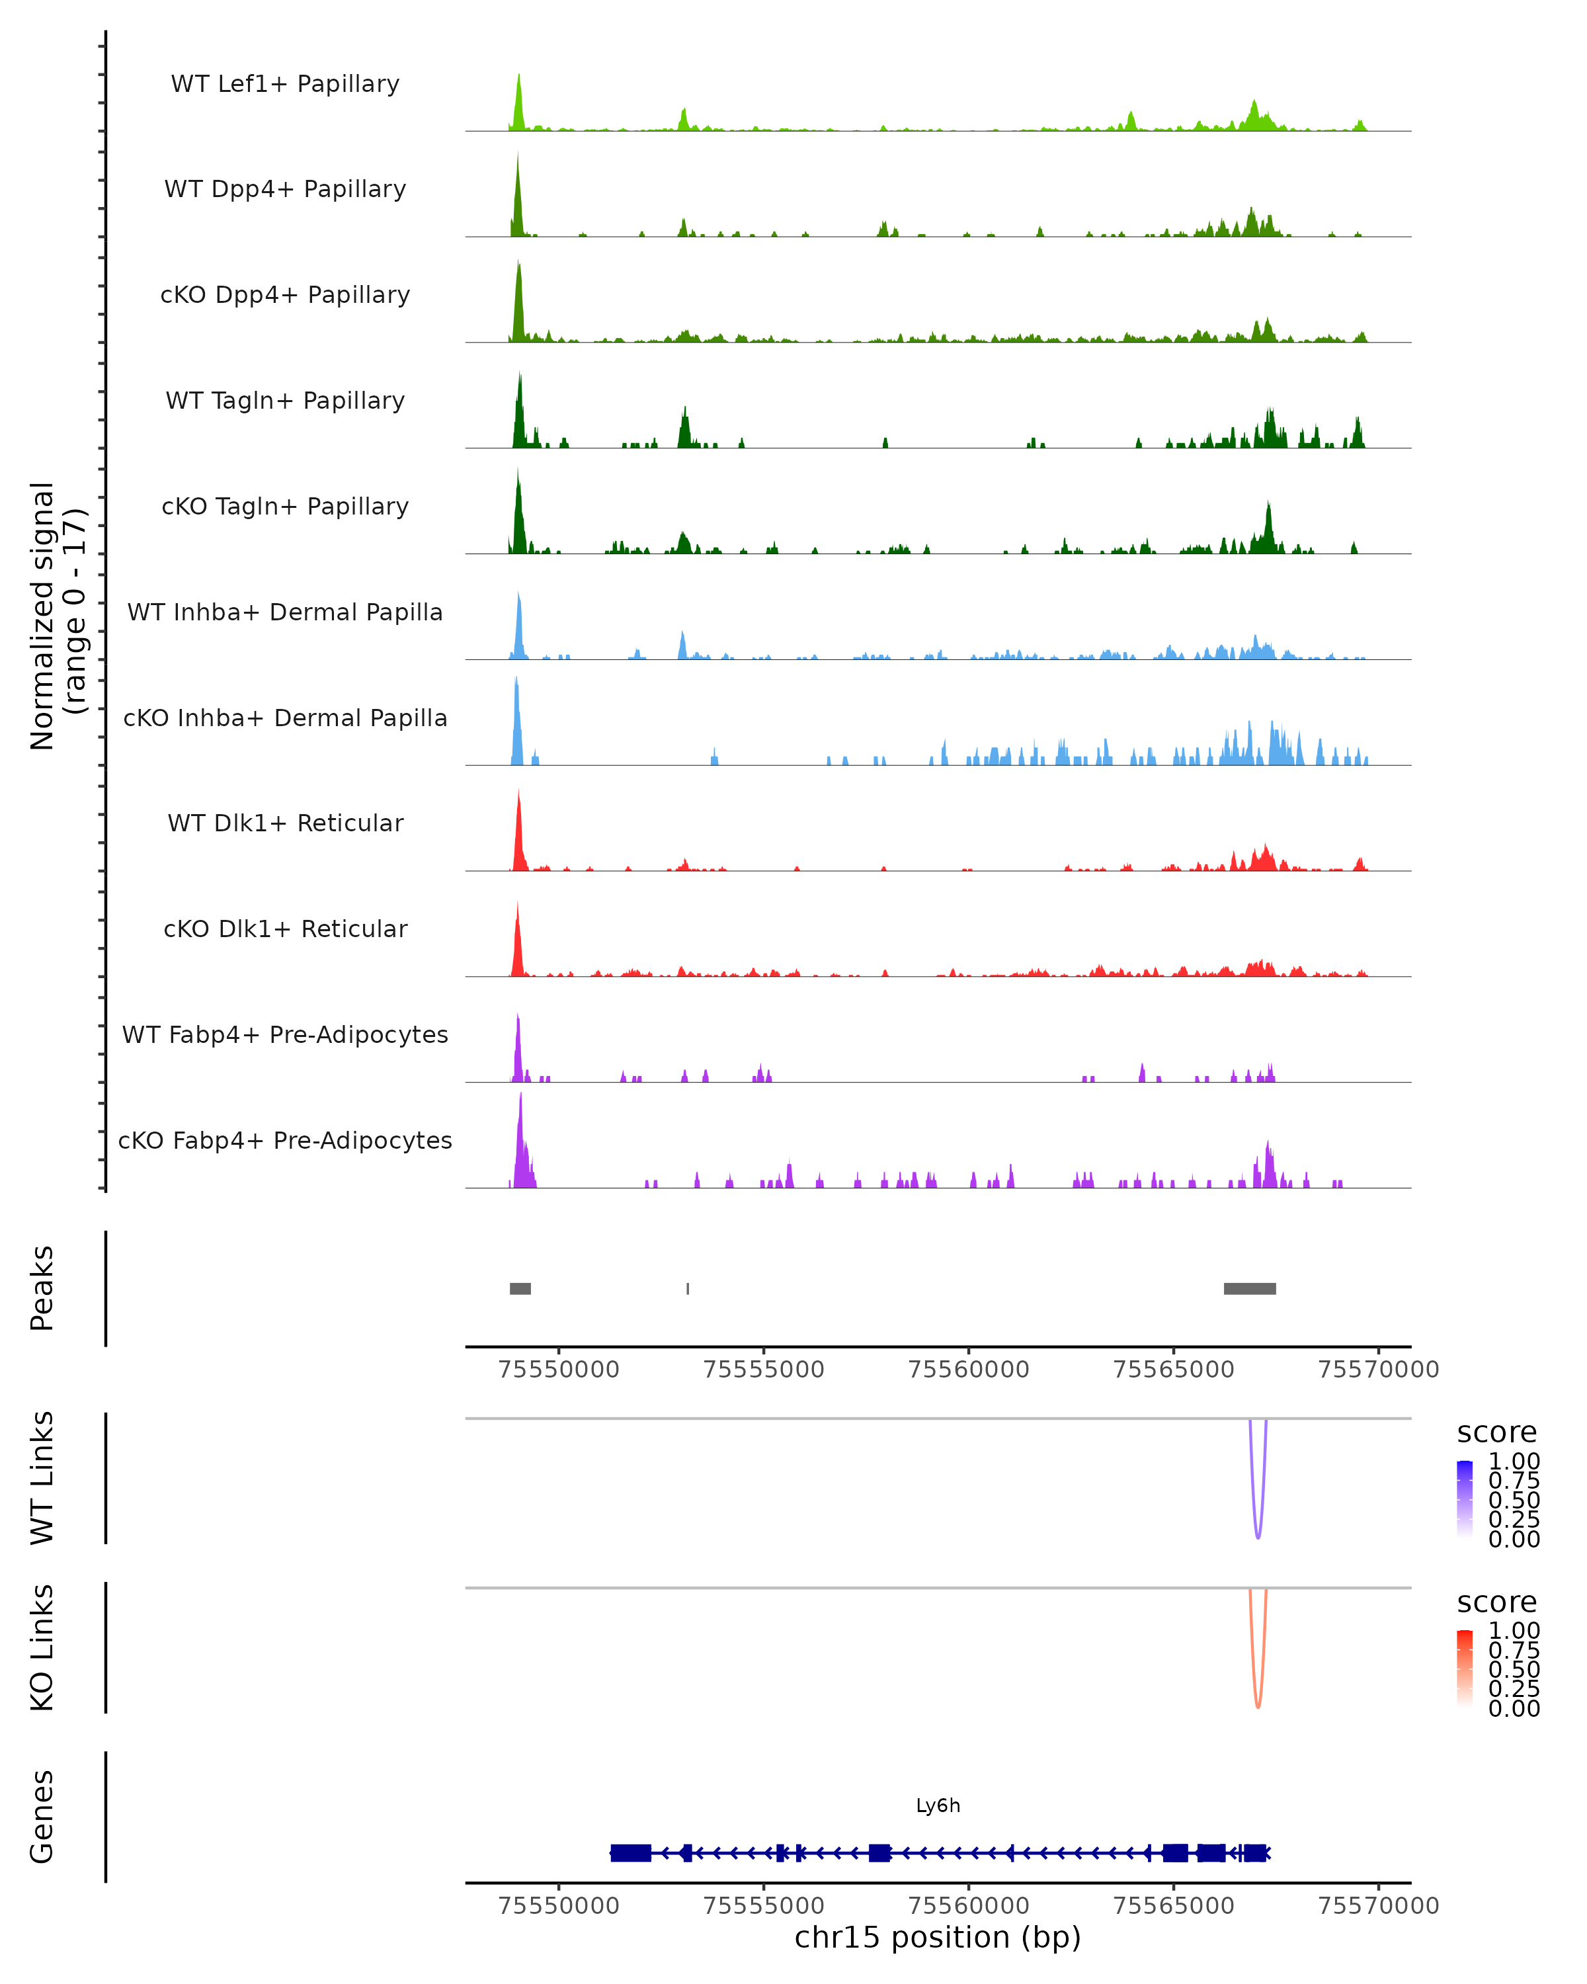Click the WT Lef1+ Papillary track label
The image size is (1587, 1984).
click(x=285, y=84)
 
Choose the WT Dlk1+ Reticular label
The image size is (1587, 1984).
click(x=285, y=823)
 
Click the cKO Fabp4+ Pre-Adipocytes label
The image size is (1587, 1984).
click(x=285, y=1140)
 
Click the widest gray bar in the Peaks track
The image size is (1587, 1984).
click(x=1249, y=1288)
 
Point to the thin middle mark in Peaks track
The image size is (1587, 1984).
click(x=687, y=1288)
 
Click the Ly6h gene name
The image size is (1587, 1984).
click(x=938, y=1805)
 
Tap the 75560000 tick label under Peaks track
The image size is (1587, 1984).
click(x=968, y=1370)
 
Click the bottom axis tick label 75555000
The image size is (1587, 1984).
click(x=764, y=1906)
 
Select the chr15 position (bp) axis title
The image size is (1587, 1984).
click(x=938, y=1938)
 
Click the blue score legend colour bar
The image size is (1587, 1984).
click(x=1465, y=1499)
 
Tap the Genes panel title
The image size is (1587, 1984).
click(x=42, y=1817)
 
